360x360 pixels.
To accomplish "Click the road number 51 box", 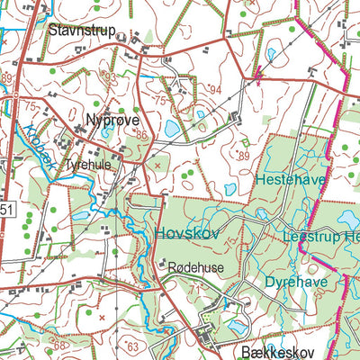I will (5, 211).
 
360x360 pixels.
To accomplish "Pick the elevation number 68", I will (59, 345).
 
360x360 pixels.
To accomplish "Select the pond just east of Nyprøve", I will (170, 129).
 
